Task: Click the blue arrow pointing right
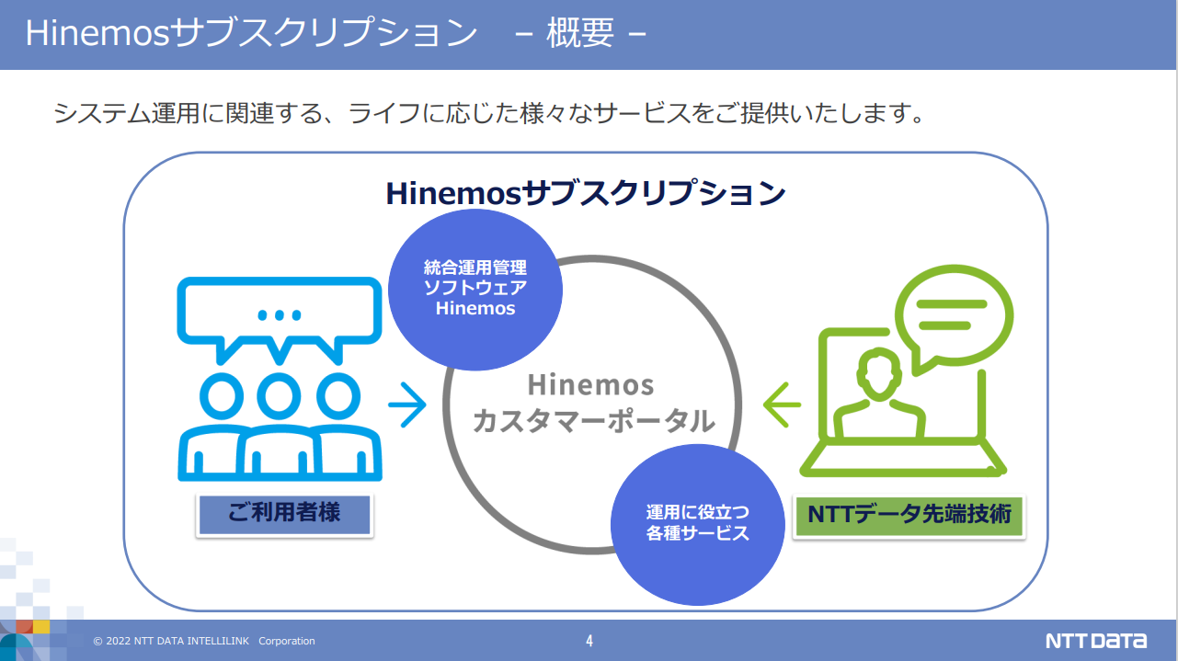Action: click(407, 405)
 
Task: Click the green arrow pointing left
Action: click(782, 405)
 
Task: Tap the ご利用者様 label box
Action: click(284, 516)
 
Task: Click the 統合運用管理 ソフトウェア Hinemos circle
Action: click(475, 290)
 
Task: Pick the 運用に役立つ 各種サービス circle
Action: click(697, 524)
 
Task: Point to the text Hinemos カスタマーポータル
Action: click(593, 404)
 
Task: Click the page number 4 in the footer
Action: click(589, 641)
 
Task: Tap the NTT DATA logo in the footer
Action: click(1096, 641)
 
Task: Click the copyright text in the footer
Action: click(204, 641)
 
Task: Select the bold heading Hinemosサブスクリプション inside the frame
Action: click(586, 193)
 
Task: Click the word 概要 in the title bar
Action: click(580, 32)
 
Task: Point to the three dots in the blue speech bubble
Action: click(280, 315)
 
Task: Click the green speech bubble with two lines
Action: click(953, 319)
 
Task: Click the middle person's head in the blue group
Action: click(279, 396)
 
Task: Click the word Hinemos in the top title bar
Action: click(97, 32)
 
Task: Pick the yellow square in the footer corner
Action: click(41, 626)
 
